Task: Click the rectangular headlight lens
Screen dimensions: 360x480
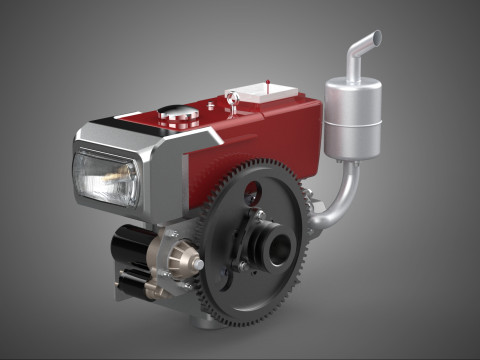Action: (106, 179)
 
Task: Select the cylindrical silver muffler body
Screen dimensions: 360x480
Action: (353, 119)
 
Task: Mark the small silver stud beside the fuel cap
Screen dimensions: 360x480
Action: (211, 103)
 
